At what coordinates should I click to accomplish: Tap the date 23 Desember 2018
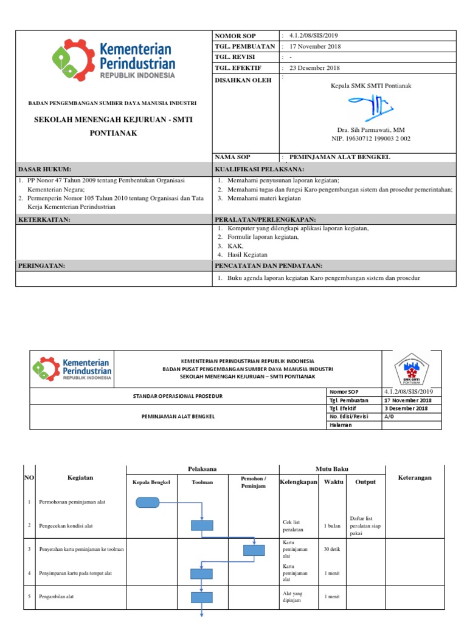pyautogui.click(x=314, y=68)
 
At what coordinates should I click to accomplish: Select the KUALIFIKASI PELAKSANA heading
pyautogui.click(x=260, y=169)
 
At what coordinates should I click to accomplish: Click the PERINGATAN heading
pyautogui.click(x=41, y=265)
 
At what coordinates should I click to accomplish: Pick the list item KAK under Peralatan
pyautogui.click(x=235, y=246)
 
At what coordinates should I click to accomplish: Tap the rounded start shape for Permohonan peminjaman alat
pyautogui.click(x=148, y=502)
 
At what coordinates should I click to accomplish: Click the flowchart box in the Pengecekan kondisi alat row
pyautogui.click(x=201, y=525)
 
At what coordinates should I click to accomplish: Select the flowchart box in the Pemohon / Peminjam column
pyautogui.click(x=254, y=550)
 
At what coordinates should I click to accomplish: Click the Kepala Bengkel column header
pyautogui.click(x=151, y=482)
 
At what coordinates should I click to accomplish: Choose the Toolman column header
pyautogui.click(x=202, y=482)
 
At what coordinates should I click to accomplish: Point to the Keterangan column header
pyautogui.click(x=414, y=477)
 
